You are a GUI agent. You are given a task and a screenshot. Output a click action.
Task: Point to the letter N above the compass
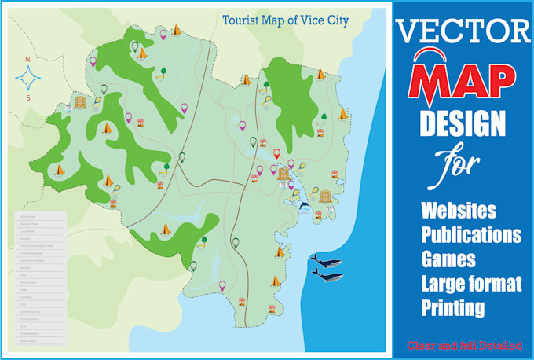27,59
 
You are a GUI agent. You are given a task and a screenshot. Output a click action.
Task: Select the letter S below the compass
27,97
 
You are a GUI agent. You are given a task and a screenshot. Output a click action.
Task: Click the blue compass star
29,78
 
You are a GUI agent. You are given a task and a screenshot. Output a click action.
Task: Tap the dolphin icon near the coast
304,207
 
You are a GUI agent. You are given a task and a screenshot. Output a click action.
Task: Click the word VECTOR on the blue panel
463,31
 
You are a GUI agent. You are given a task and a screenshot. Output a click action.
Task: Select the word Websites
459,211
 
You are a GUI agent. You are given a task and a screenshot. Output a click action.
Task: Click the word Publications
471,235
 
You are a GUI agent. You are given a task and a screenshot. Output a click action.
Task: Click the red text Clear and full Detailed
463,344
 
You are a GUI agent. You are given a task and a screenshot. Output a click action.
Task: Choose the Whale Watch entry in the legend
31,341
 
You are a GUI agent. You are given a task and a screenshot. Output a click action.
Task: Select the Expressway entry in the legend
31,216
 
